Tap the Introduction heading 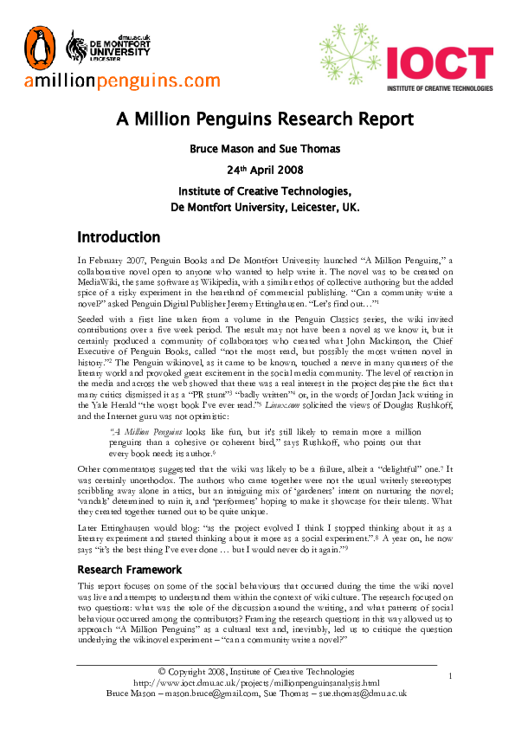pos(119,237)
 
